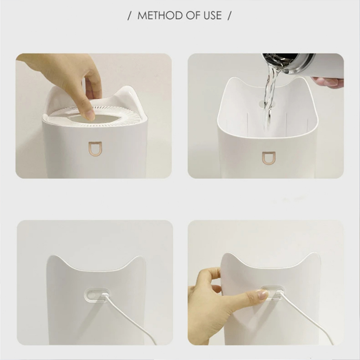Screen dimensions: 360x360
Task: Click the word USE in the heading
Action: pyautogui.click(x=212, y=15)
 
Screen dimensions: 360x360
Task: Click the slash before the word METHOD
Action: pyautogui.click(x=129, y=15)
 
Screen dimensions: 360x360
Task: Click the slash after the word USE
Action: pyautogui.click(x=229, y=15)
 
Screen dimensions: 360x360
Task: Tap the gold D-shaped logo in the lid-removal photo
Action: pyautogui.click(x=95, y=149)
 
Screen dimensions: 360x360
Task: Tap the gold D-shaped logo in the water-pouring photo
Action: pyautogui.click(x=269, y=158)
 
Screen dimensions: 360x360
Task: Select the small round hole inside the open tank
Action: pyautogui.click(x=261, y=104)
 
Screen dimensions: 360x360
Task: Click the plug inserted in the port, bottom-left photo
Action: pyautogui.click(x=104, y=295)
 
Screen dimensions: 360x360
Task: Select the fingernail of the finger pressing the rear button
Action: pyautogui.click(x=263, y=294)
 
